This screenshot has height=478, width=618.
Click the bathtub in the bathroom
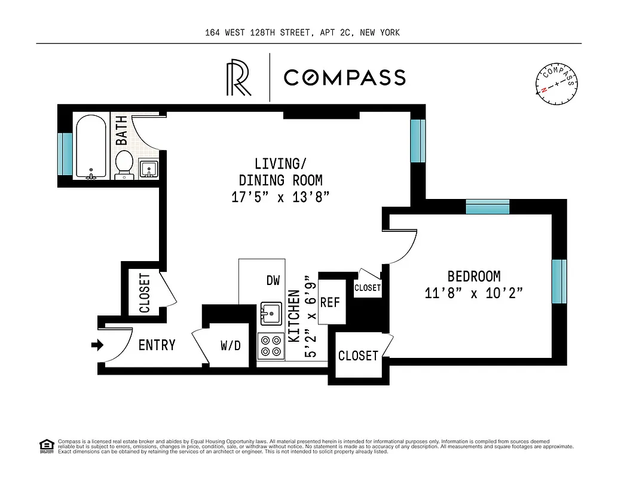click(91, 146)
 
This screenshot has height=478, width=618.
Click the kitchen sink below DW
click(271, 312)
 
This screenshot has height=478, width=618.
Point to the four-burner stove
click(271, 345)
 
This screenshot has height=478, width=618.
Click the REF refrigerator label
click(330, 302)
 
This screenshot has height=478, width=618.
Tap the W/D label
click(231, 345)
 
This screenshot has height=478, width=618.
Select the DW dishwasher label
click(273, 280)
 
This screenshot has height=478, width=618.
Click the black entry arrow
click(97, 345)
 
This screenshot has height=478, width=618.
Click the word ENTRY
click(157, 345)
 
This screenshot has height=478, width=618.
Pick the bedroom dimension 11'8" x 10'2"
click(474, 293)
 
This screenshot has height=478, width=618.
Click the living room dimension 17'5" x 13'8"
click(281, 197)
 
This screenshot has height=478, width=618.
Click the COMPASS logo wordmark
click(344, 78)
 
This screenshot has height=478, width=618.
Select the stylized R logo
click(238, 78)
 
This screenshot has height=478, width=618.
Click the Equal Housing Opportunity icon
click(45, 445)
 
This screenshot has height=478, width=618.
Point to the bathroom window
click(65, 154)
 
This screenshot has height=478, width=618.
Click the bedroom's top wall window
click(487, 207)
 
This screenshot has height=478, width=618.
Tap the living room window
click(418, 141)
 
